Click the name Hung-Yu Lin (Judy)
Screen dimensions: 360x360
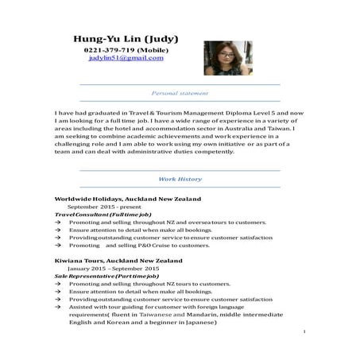[126, 38]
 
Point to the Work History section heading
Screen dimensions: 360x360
[180, 180]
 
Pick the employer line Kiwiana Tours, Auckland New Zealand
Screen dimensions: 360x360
[118, 260]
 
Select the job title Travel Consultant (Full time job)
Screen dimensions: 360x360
[103, 215]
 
